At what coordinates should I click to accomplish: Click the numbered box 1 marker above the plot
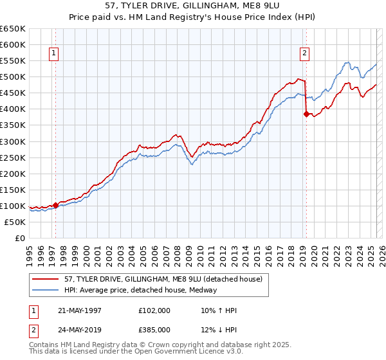pos(53,54)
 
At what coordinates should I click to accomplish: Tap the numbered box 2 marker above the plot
pos(305,54)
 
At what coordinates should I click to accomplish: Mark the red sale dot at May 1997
pos(56,205)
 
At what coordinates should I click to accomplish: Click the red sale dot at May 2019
pos(306,114)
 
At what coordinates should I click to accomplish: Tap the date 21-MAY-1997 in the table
pos(79,310)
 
